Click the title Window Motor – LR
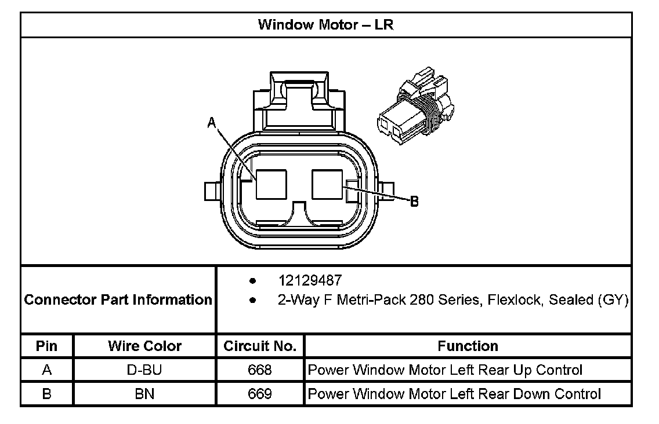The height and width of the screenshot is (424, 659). pos(325,25)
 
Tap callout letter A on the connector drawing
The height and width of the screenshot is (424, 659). pos(212,122)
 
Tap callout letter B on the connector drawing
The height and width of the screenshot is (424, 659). pos(414,202)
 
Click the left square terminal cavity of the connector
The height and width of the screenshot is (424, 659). pos(272,184)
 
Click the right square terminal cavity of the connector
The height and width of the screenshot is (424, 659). pos(328,184)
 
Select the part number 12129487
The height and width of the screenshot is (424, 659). pos(310,280)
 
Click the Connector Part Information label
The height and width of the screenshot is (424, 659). pos(118,300)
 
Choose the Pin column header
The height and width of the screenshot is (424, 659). pos(46,346)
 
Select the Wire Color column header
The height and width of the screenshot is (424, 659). pos(144,346)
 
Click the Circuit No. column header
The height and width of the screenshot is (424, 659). pos(260,346)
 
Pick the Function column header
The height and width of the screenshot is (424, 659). pos(468,346)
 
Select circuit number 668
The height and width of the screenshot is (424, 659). pos(259,370)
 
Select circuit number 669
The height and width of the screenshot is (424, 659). pos(259,394)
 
